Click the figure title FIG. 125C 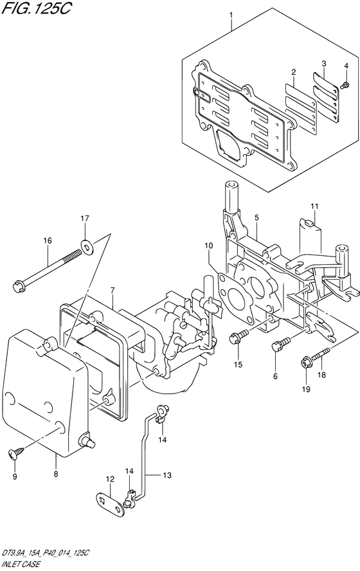click(x=35, y=8)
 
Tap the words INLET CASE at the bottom click(x=21, y=565)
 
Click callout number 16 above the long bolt click(x=48, y=240)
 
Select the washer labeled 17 click(x=87, y=248)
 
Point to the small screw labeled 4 click(x=345, y=86)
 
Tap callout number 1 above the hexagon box click(x=231, y=15)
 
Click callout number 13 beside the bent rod click(x=166, y=475)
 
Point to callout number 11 click(x=314, y=206)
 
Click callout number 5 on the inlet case click(x=256, y=218)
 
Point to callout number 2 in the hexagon click(x=293, y=72)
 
